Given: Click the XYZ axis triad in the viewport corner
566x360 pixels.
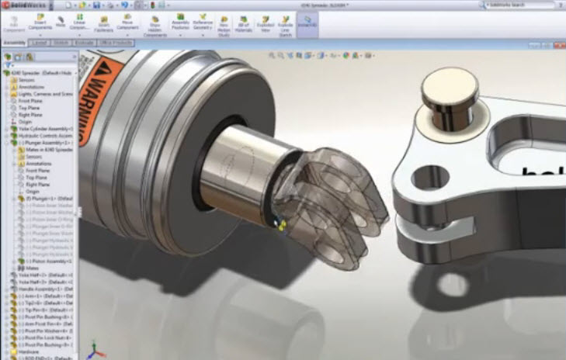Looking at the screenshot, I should pyautogui.click(x=92, y=350).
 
